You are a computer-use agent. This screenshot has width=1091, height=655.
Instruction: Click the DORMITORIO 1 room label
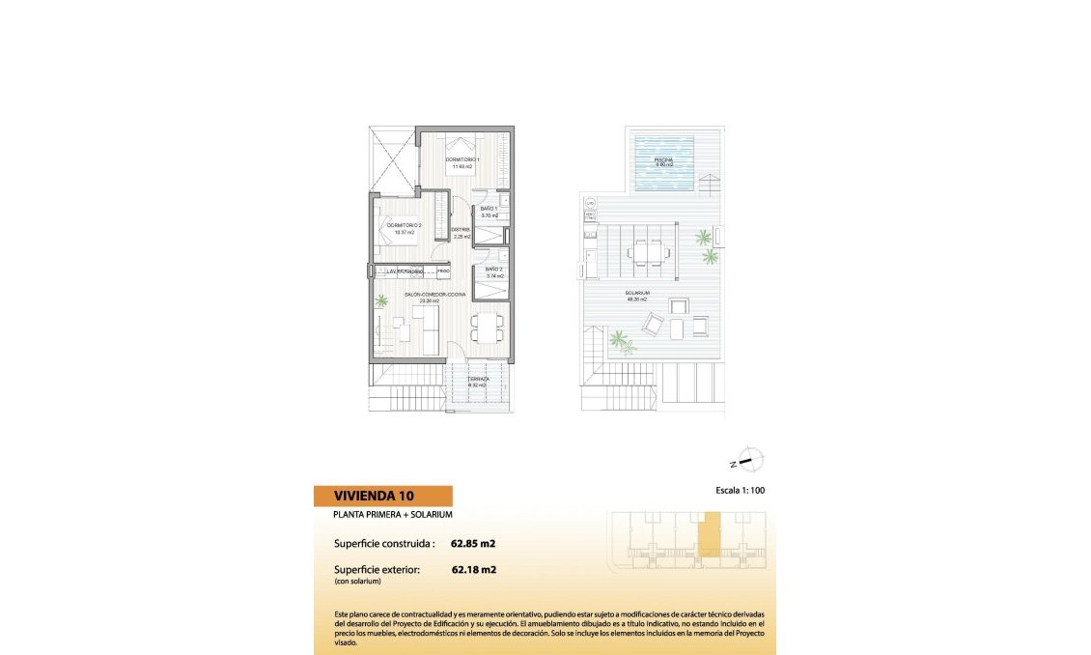(x=462, y=159)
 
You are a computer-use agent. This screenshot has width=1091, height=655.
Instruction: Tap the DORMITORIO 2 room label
(x=405, y=225)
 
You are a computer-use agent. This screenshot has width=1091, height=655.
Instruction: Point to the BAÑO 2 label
(x=494, y=270)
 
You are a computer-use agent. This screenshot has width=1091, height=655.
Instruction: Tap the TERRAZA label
(x=479, y=380)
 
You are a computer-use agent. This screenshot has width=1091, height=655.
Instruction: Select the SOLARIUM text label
(x=635, y=294)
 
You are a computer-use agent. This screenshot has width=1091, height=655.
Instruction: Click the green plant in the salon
(x=381, y=302)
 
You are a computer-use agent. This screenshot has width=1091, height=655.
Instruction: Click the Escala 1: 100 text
(x=741, y=491)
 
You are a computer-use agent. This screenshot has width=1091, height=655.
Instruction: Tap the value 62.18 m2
(x=473, y=570)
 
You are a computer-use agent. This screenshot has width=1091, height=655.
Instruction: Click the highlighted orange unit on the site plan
(x=710, y=532)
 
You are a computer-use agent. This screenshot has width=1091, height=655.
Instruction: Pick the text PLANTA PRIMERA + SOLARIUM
(x=392, y=515)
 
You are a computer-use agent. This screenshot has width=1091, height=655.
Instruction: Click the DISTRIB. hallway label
(x=460, y=230)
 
